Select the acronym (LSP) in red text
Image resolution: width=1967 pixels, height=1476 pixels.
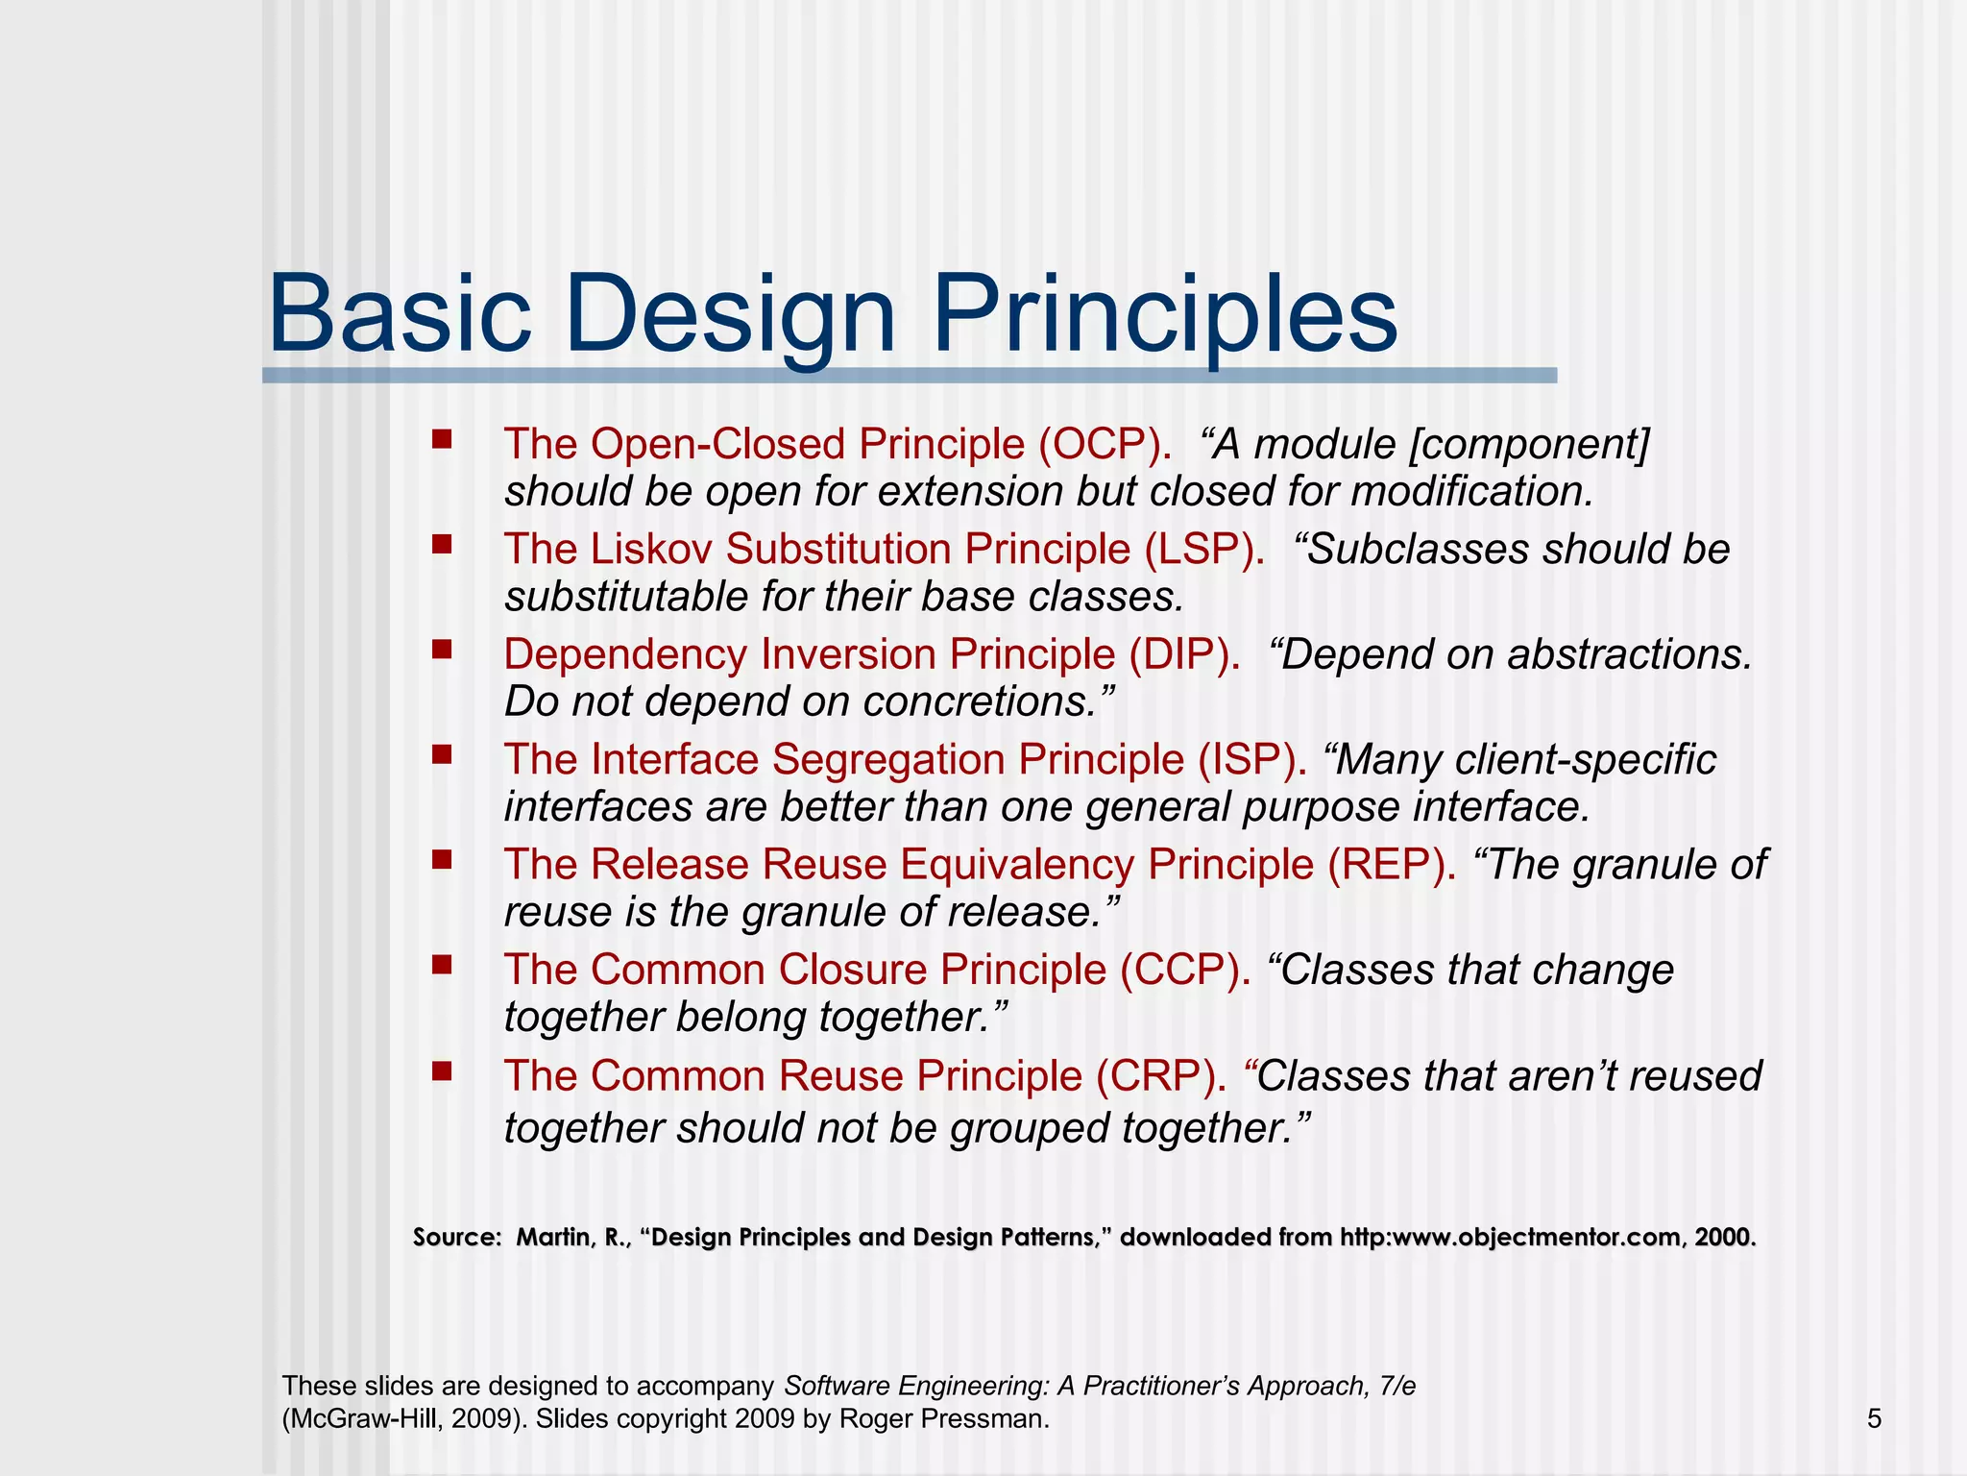coord(1204,550)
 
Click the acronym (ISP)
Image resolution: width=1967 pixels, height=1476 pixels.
coord(1251,759)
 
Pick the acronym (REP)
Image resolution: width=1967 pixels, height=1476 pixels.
coord(1392,864)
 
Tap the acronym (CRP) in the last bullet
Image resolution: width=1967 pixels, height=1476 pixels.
coord(1161,1075)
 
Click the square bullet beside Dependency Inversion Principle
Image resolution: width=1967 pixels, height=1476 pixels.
coord(442,651)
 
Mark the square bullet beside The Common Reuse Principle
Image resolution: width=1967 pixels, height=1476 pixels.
coord(442,1071)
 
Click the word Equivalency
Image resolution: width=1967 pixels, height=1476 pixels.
coord(1017,864)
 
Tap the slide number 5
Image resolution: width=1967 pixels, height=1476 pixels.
coord(1874,1418)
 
